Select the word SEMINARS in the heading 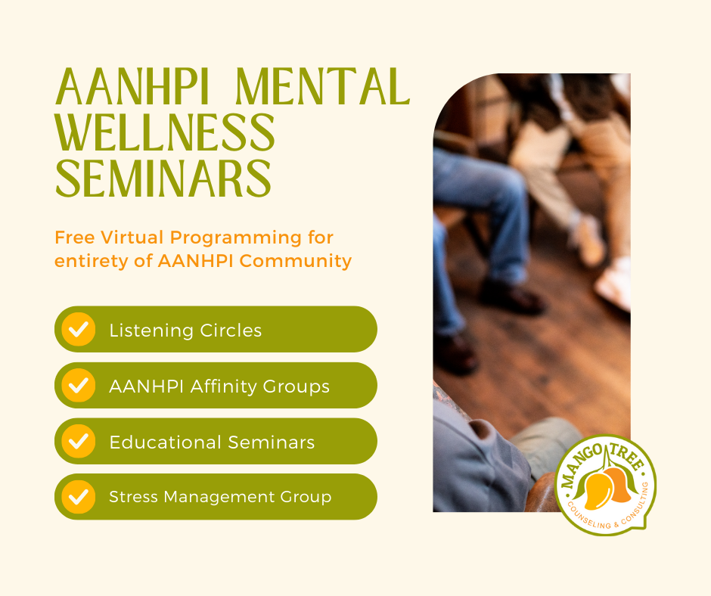[163, 179]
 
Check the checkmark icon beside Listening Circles [78, 330]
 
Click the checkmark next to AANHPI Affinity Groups [78, 386]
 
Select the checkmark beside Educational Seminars [78, 441]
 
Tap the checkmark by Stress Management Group [78, 497]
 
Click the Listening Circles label [185, 331]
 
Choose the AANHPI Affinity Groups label [219, 386]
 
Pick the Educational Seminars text [212, 442]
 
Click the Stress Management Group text [220, 497]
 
